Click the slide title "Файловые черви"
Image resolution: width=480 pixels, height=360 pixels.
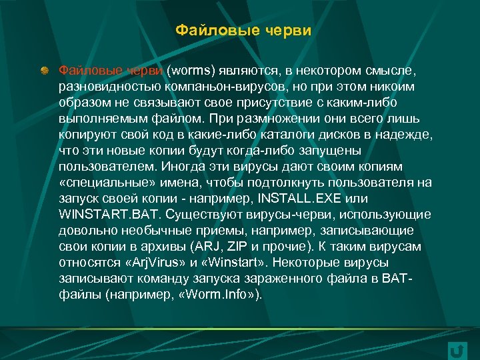pos(243,31)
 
